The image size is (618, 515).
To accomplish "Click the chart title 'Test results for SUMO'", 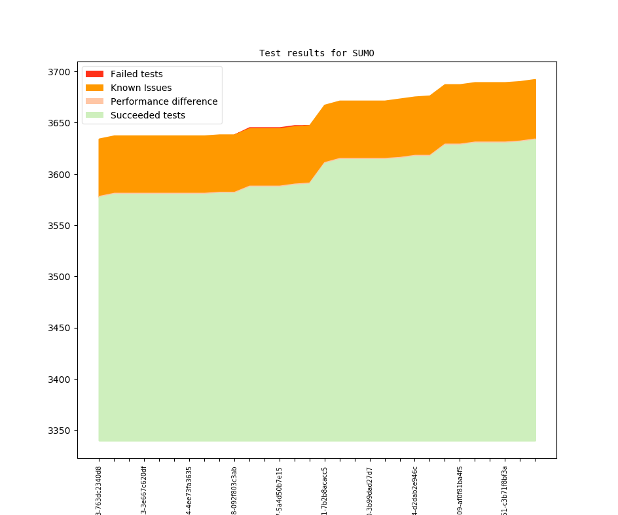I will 316,53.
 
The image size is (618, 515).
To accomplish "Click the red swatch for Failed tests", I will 94,74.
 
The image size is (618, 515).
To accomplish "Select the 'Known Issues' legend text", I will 141,88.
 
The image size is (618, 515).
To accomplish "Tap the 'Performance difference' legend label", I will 164,101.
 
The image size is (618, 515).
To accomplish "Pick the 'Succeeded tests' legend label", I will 147,115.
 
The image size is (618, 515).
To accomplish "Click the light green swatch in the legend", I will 94,115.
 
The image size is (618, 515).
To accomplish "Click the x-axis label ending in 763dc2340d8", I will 99,491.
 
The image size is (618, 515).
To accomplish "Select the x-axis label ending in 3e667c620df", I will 144,491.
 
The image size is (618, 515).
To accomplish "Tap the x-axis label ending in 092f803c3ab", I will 234,491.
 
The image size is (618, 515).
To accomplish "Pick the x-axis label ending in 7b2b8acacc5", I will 325,491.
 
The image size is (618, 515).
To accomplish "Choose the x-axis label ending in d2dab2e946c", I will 415,491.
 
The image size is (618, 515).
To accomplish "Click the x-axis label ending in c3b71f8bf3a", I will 505,491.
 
